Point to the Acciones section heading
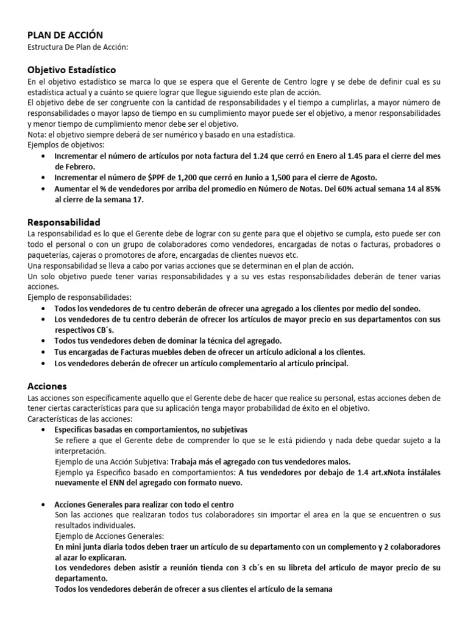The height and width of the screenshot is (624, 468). (x=48, y=386)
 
